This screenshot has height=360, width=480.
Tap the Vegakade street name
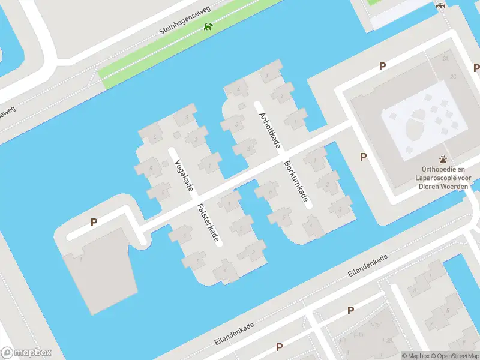pyautogui.click(x=184, y=176)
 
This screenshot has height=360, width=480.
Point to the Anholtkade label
pyautogui.click(x=269, y=130)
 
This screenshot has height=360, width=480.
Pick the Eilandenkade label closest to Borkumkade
pyautogui.click(x=368, y=265)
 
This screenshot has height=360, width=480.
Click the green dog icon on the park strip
pyautogui.click(x=208, y=26)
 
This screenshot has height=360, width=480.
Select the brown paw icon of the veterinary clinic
pyautogui.click(x=443, y=160)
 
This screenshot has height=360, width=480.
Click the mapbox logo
pyautogui.click(x=26, y=353)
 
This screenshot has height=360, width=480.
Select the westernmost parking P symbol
pyautogui.click(x=94, y=222)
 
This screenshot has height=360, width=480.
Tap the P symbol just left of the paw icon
pyautogui.click(x=363, y=157)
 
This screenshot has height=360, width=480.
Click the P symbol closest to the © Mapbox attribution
pyautogui.click(x=350, y=310)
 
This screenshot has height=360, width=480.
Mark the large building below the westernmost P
pyautogui.click(x=96, y=270)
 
